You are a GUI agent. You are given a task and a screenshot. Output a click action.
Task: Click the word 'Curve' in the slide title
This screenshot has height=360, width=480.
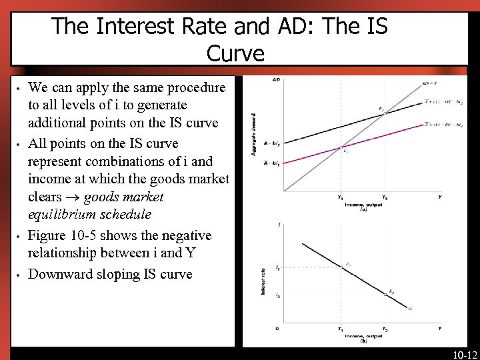coord(235,53)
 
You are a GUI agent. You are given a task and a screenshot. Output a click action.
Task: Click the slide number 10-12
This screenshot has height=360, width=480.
coord(464,354)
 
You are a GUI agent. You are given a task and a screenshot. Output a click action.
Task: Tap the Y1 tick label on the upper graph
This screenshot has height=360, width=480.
coord(340,197)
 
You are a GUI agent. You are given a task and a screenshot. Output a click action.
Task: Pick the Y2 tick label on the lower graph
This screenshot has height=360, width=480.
coord(385,329)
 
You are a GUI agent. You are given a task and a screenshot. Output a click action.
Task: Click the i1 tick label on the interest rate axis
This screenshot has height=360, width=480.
coord(277,267)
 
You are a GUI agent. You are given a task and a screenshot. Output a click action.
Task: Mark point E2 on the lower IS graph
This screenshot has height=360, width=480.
coord(391,291)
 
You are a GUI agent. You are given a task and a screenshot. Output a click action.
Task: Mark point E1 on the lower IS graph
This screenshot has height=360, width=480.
coord(348,265)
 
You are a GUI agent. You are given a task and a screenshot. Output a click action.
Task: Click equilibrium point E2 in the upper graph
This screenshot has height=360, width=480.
coord(381,109)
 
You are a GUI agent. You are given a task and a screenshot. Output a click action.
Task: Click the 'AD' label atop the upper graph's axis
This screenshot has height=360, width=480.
coord(276,81)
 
